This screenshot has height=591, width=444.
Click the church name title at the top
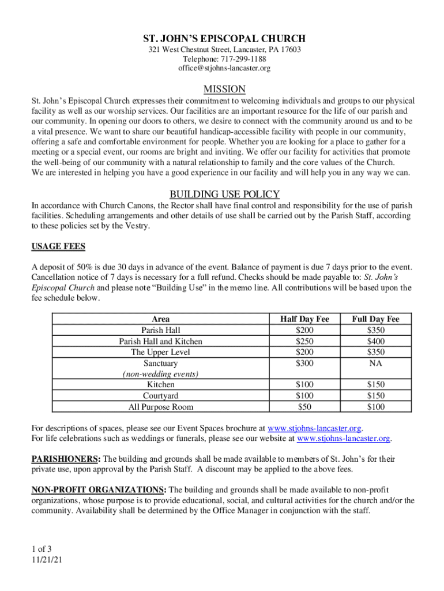click(x=224, y=39)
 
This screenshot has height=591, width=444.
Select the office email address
click(x=224, y=69)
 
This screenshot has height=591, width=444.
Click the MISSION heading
click(x=224, y=89)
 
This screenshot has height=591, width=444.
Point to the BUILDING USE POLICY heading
click(x=224, y=194)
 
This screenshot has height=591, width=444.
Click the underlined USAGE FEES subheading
click(x=58, y=247)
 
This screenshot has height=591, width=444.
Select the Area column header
click(x=160, y=319)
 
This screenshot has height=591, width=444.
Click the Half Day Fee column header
click(x=304, y=319)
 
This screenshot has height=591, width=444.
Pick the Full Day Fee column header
click(x=375, y=319)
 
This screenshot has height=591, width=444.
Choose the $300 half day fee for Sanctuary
click(x=304, y=363)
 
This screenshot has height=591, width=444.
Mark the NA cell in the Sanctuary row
click(x=375, y=363)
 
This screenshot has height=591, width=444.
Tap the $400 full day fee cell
click(x=375, y=341)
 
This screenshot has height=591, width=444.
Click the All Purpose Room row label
click(x=160, y=407)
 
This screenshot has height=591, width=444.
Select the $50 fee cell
click(x=304, y=407)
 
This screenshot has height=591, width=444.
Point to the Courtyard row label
click(x=160, y=396)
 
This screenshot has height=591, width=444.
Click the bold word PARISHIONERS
click(x=65, y=459)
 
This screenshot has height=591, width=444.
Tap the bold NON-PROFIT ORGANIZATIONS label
click(x=98, y=490)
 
